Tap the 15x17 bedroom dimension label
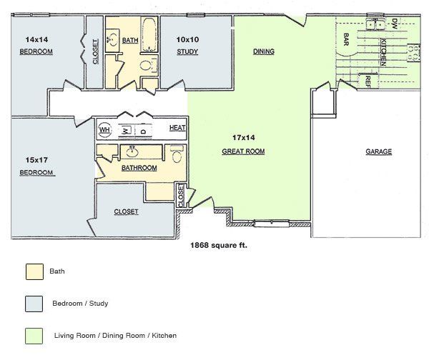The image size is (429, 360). [x=34, y=160]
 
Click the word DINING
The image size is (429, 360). [x=264, y=51]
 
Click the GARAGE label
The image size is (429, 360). [x=378, y=151]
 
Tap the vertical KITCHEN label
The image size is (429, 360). [x=383, y=52]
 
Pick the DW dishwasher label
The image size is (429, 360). [x=393, y=24]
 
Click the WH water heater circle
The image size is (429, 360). [x=105, y=130]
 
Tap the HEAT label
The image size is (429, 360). [x=177, y=128]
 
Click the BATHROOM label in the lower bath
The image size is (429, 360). [x=139, y=168]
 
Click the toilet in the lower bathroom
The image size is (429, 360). [x=177, y=154]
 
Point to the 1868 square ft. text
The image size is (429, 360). [x=218, y=244]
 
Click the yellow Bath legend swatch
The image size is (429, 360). [x=34, y=271]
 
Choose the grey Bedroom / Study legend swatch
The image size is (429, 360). [x=34, y=304]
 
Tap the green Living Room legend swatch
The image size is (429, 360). [x=34, y=335]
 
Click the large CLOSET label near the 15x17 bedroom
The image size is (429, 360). [x=126, y=211]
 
